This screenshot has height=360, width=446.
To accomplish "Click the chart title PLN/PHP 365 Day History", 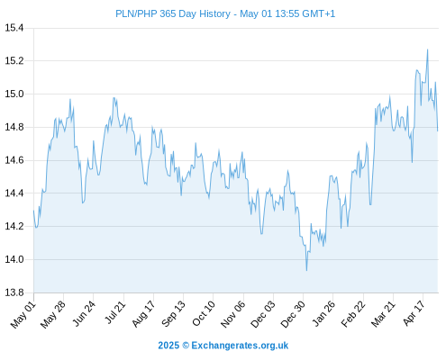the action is pyautogui.click(x=173, y=13).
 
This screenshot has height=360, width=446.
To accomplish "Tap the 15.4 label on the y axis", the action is pyautogui.click(x=14, y=28).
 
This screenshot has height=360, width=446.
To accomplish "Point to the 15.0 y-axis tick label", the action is pyautogui.click(x=14, y=94).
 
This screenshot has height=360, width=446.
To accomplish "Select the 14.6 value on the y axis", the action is pyautogui.click(x=14, y=160).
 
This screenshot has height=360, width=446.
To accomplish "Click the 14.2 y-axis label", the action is pyautogui.click(x=14, y=226).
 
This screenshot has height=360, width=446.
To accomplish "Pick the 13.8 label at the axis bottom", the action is pyautogui.click(x=14, y=292).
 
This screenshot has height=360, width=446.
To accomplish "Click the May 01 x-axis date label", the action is pyautogui.click(x=23, y=315).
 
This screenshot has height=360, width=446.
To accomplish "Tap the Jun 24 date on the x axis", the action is pyautogui.click(x=84, y=313).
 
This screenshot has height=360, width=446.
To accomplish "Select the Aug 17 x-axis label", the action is pyautogui.click(x=143, y=314).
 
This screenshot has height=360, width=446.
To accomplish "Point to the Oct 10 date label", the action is pyautogui.click(x=204, y=314).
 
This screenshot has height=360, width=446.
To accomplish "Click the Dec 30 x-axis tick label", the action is pyautogui.click(x=293, y=314).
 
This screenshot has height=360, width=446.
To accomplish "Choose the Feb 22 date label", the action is pyautogui.click(x=353, y=314).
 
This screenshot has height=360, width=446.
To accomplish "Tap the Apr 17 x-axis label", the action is pyautogui.click(x=414, y=313).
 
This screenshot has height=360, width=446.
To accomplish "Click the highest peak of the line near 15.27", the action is pyautogui.click(x=428, y=49).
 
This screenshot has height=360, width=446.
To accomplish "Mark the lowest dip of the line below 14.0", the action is pyautogui.click(x=306, y=270).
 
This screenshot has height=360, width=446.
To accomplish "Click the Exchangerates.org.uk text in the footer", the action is pyautogui.click(x=240, y=346).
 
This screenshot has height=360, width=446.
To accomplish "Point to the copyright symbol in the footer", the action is pyautogui.click(x=186, y=346).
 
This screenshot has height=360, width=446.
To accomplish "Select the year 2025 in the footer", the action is pyautogui.click(x=168, y=346).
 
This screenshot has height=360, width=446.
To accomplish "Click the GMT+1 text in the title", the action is pyautogui.click(x=318, y=13).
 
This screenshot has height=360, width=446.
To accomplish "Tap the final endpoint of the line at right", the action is pyautogui.click(x=438, y=130).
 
